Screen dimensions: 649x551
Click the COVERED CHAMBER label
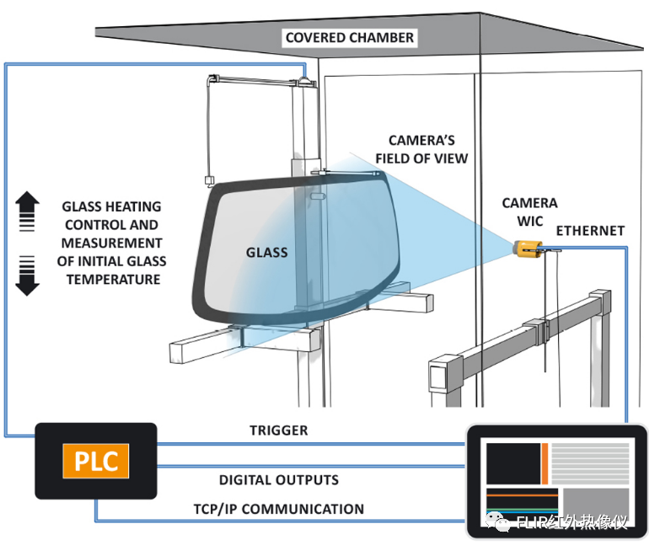click(349, 38)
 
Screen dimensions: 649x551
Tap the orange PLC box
click(96, 461)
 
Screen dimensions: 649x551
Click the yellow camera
click(528, 249)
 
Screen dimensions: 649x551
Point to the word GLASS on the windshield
click(266, 253)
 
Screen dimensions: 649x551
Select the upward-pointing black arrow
click(27, 211)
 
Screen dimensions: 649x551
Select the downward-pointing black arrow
click(27, 275)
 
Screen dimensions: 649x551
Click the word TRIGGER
click(278, 431)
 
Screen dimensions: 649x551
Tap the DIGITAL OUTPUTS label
click(278, 480)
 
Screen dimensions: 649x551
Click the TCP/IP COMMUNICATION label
click(278, 509)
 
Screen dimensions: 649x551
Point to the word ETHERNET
click(590, 230)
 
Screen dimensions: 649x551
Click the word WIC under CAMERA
click(530, 222)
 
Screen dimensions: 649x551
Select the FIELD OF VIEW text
click(421, 158)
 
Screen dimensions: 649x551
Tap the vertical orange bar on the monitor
click(544, 463)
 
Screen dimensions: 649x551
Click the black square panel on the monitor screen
click(513, 463)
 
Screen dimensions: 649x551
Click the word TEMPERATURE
click(113, 280)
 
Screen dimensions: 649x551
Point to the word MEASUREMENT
click(112, 243)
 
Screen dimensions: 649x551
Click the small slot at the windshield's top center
click(317, 196)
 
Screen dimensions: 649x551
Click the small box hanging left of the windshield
click(210, 180)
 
